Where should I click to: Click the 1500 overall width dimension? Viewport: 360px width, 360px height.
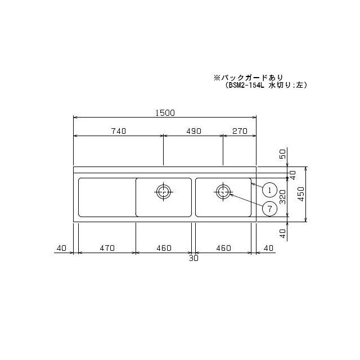[165, 112]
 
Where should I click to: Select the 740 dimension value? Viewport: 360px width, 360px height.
[118, 130]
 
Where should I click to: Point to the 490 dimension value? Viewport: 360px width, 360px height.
[193, 130]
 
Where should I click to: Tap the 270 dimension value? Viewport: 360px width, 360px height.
[240, 130]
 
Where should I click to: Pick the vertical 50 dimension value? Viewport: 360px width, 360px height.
[282, 154]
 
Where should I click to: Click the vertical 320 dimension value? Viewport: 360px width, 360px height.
[283, 196]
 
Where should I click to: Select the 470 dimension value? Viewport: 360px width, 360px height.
[107, 247]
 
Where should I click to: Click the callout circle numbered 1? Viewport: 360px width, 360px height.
[270, 190]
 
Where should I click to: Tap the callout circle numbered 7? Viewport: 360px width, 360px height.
[270, 208]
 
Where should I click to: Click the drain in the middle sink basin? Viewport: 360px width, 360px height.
[163, 191]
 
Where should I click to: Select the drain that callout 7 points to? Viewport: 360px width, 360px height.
[223, 191]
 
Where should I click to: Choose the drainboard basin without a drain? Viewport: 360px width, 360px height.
[106, 197]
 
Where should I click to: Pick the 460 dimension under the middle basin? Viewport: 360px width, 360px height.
[165, 247]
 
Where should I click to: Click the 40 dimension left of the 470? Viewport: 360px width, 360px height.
[61, 247]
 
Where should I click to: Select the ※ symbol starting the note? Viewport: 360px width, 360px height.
[215, 77]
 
